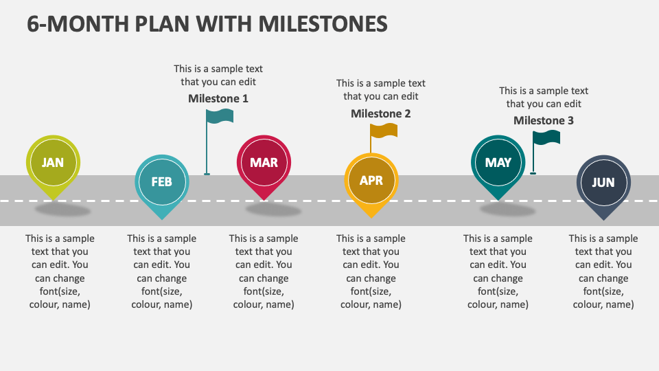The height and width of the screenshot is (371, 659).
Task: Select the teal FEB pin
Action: click(x=161, y=182)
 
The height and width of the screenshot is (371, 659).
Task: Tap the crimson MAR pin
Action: click(x=264, y=163)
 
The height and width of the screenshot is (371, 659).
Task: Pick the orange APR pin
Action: click(x=371, y=181)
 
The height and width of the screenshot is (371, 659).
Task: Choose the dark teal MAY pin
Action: click(x=498, y=163)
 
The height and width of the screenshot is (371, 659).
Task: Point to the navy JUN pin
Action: click(x=603, y=183)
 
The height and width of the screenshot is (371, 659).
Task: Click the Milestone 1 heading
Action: click(x=218, y=98)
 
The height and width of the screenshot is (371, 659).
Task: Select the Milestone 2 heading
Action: click(x=380, y=113)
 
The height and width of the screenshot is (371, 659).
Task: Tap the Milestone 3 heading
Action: click(x=543, y=120)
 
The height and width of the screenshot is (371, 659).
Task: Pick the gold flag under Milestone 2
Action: click(x=383, y=131)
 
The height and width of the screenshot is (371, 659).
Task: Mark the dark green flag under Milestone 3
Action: click(x=546, y=137)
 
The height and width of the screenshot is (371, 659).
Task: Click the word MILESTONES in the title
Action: click(x=323, y=23)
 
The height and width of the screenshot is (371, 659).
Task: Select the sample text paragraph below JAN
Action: click(x=60, y=271)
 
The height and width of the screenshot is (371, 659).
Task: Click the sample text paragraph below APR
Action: click(x=371, y=271)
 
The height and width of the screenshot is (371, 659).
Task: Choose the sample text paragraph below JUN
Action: click(x=603, y=271)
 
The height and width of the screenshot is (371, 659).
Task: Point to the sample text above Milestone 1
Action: click(x=218, y=75)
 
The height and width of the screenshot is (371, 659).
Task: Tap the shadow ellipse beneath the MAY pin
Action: click(x=507, y=210)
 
